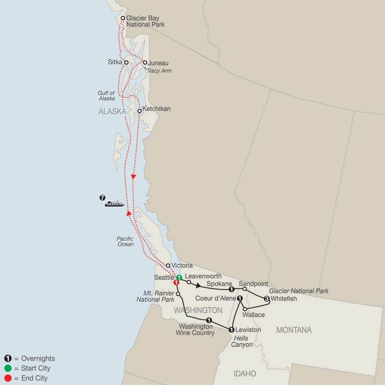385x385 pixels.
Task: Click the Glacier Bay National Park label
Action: click(x=145, y=21)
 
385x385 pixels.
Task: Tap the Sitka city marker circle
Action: click(x=126, y=62)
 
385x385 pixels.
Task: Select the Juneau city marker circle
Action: click(x=145, y=62)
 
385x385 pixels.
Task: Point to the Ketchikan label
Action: click(x=157, y=109)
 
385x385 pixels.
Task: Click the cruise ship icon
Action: click(x=114, y=204)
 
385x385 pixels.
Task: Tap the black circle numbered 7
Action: click(x=102, y=198)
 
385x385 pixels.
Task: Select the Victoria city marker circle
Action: click(x=168, y=265)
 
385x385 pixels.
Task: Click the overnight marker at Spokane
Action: click(x=231, y=290)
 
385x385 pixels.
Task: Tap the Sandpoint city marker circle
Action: click(x=244, y=290)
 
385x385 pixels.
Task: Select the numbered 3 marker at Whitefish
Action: click(x=267, y=299)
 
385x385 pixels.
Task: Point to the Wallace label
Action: click(x=254, y=315)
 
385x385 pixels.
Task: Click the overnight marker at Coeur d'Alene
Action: click(x=240, y=298)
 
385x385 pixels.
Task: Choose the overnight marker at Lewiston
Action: click(x=231, y=330)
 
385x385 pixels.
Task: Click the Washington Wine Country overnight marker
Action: click(x=209, y=320)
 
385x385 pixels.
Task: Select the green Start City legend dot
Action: click(x=8, y=368)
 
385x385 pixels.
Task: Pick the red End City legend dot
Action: click(x=8, y=378)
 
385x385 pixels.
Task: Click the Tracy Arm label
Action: click(x=159, y=71)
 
